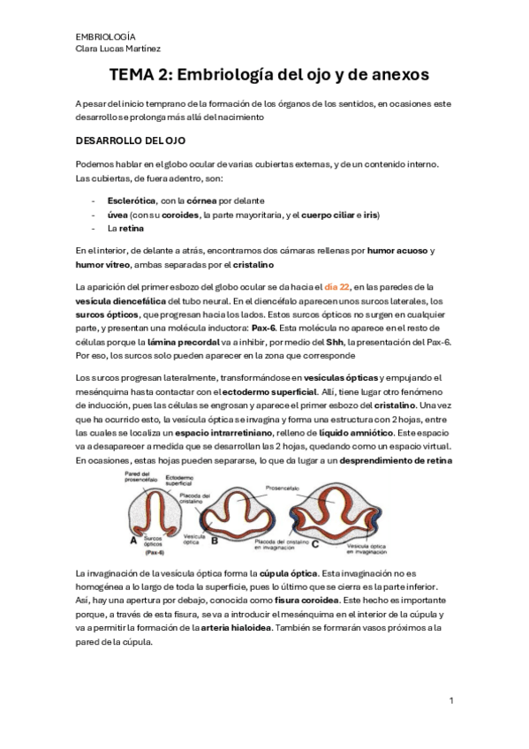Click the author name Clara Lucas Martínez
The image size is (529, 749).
coord(118,49)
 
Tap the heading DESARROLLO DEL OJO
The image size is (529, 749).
coord(130,140)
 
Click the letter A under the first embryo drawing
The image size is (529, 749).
coord(133,540)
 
